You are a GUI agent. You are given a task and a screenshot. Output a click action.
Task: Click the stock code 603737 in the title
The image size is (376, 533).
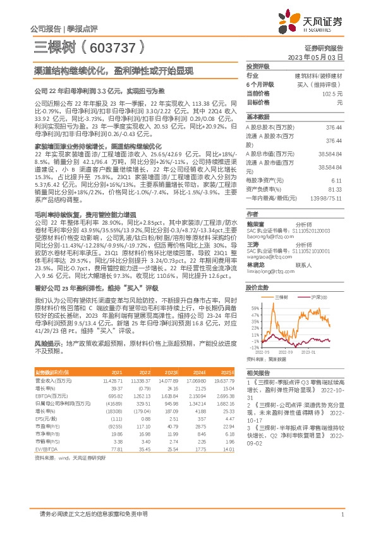[118, 48]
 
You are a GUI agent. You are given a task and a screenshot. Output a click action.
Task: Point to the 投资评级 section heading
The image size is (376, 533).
[258, 66]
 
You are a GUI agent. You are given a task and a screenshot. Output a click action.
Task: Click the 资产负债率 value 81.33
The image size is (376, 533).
[334, 189]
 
